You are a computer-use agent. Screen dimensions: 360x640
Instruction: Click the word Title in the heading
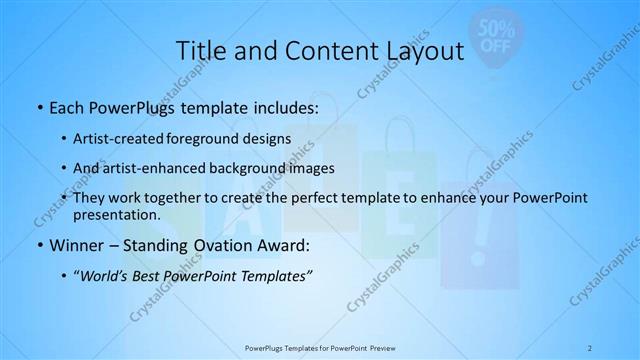pyautogui.click(x=200, y=52)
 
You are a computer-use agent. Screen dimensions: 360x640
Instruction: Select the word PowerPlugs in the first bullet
pyautogui.click(x=135, y=106)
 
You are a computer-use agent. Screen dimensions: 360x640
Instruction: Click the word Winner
pyautogui.click(x=75, y=245)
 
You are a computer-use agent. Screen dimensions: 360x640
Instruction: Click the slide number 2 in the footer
pyautogui.click(x=591, y=346)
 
